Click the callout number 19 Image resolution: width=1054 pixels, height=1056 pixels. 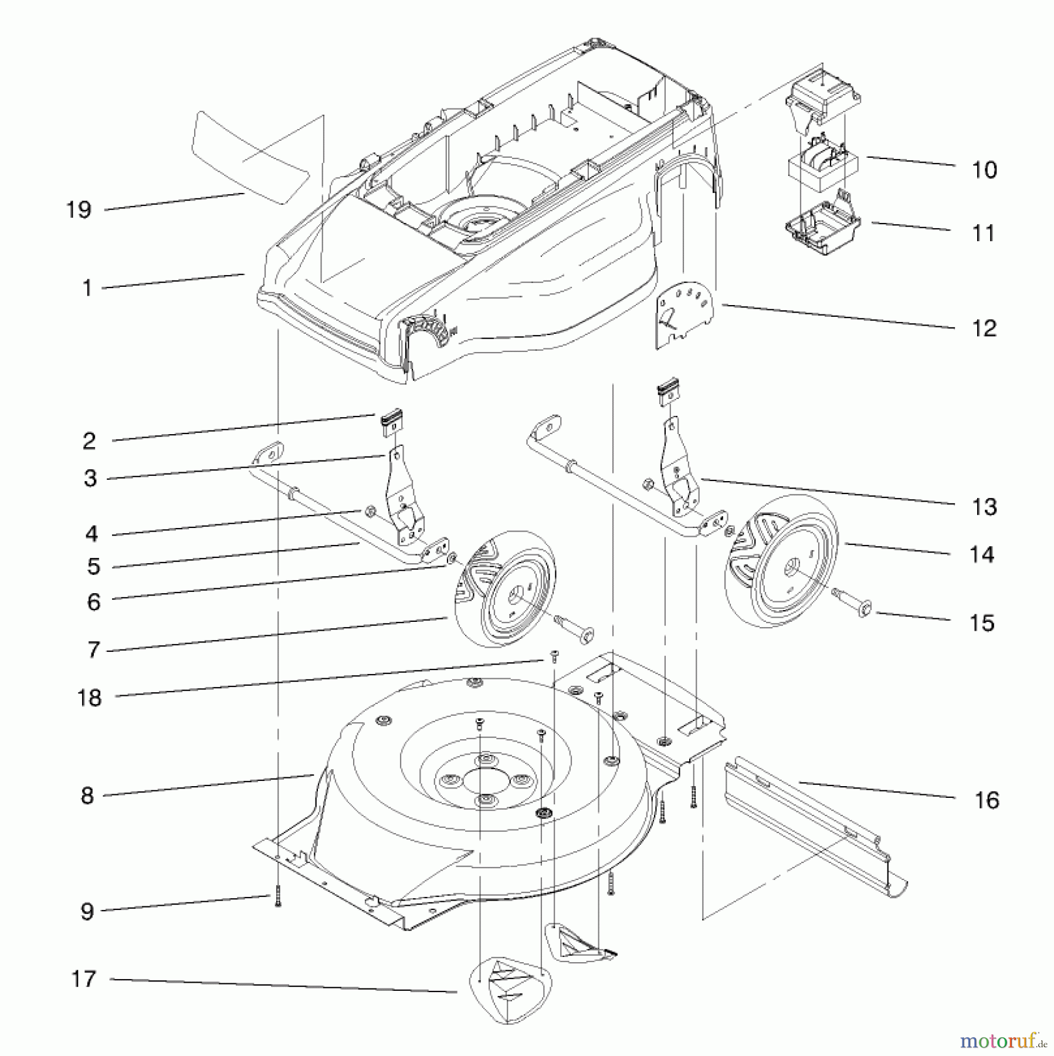[x=79, y=209]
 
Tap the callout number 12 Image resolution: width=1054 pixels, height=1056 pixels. [x=984, y=328]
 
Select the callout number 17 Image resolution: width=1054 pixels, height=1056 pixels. [x=83, y=979]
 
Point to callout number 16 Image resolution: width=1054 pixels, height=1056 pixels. [x=987, y=800]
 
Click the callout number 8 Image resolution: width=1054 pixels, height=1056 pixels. [x=87, y=796]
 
